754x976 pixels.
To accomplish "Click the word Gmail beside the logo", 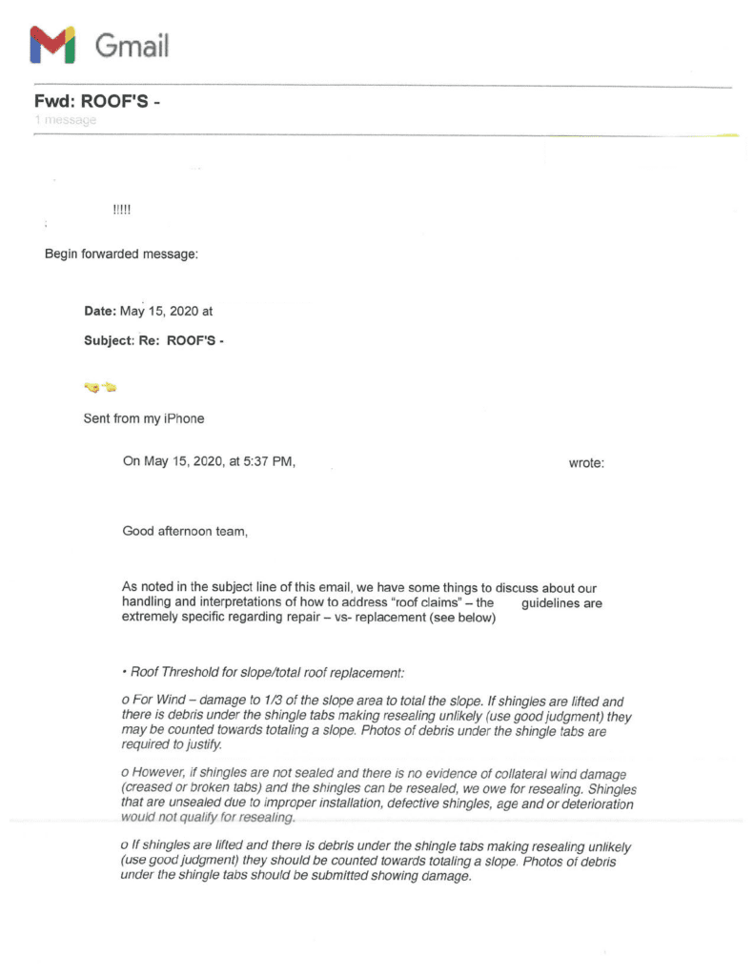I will [132, 46].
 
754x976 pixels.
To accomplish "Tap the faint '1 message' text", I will [64, 121].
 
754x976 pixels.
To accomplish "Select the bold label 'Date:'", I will [102, 311].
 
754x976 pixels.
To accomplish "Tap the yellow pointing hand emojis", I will [100, 387].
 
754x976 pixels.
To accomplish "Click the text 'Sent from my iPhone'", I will [143, 418].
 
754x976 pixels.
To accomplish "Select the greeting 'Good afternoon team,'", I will [185, 531].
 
